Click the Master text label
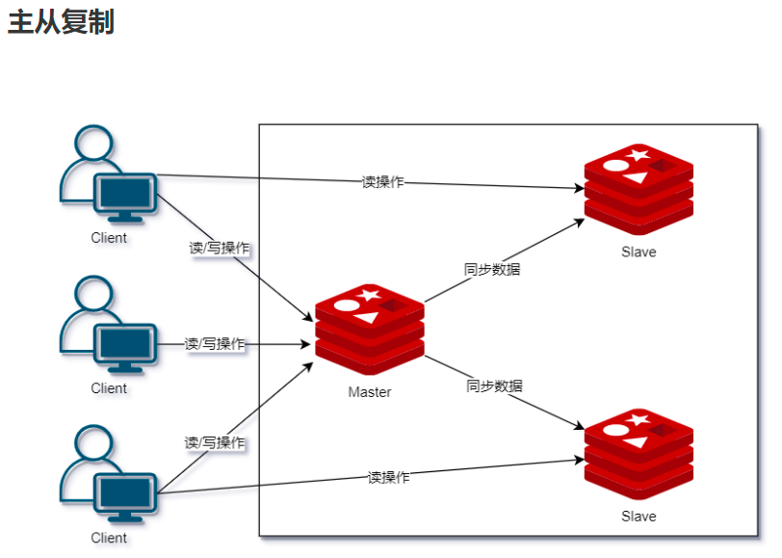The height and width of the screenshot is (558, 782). click(370, 392)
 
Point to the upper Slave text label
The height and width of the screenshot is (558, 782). click(639, 252)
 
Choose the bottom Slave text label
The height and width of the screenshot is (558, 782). click(639, 517)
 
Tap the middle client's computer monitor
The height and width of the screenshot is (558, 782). click(125, 345)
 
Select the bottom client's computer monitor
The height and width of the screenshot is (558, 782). click(125, 494)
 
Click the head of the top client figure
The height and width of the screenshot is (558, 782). click(92, 144)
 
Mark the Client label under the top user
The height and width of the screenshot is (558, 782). click(109, 238)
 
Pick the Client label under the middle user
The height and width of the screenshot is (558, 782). click(109, 388)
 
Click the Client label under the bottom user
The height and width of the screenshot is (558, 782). click(109, 538)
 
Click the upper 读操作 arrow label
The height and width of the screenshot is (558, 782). click(382, 182)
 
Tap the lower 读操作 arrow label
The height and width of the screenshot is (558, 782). click(388, 477)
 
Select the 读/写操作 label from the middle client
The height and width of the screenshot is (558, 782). click(215, 344)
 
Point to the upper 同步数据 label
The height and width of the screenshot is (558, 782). click(492, 270)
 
